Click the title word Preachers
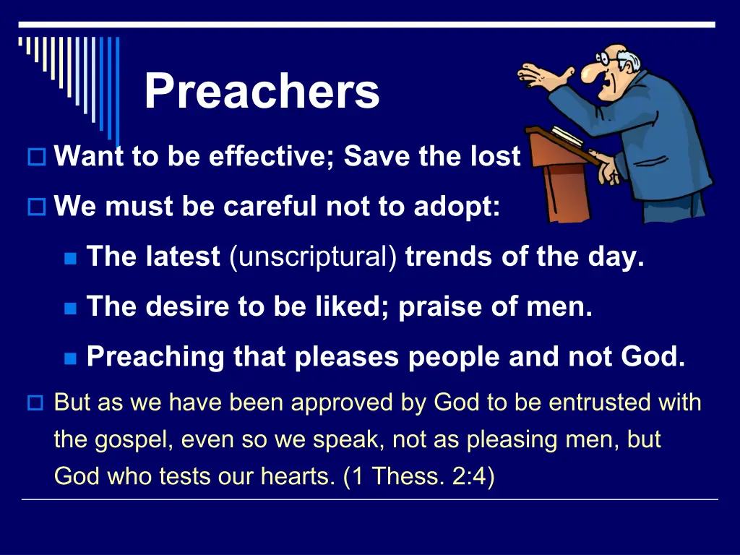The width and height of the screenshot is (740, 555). coord(262,90)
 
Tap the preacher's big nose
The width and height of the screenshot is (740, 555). coord(590,72)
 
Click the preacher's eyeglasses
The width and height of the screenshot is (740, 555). coord(606,59)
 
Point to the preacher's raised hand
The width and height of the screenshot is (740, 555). coord(543,75)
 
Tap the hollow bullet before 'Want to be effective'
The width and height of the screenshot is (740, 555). coord(37,157)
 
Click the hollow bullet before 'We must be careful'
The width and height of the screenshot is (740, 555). coord(37,207)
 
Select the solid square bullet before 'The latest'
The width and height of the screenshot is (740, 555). coord(70,259)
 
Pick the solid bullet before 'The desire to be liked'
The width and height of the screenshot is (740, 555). coord(70,309)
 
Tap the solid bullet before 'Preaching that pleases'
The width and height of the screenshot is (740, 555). coord(70,358)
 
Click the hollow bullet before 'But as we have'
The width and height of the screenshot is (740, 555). coord(35,403)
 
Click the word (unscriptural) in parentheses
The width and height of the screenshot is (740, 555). coord(314,257)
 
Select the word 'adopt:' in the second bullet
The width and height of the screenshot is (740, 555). coord(457,207)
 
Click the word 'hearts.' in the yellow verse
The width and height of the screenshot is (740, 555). coord(298,476)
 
